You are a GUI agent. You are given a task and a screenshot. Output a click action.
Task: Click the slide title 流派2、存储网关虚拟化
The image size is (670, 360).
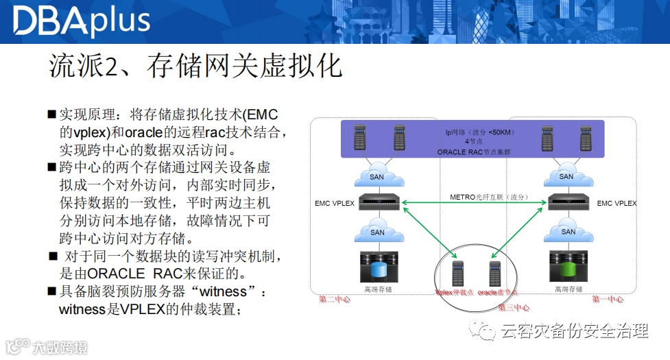pyautogui.click(x=195, y=67)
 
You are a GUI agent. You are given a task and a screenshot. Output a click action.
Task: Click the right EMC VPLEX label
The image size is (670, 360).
pyautogui.click(x=617, y=203)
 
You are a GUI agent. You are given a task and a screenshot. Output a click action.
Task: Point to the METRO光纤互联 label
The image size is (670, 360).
pyautogui.click(x=488, y=197)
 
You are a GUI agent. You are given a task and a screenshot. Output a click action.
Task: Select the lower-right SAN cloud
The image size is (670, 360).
pyautogui.click(x=568, y=232)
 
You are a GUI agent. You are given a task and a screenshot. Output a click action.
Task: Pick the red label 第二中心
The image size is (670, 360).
pyautogui.click(x=335, y=300)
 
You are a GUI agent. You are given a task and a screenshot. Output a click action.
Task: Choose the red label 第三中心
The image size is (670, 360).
pyautogui.click(x=514, y=307)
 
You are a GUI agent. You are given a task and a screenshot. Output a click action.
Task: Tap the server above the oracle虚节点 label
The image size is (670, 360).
pyautogui.click(x=493, y=274)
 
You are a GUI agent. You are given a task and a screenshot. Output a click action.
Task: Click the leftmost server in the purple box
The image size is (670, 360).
pyautogui.click(x=359, y=138)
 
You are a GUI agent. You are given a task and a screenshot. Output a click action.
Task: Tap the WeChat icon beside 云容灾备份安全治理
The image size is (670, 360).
pyautogui.click(x=486, y=332)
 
